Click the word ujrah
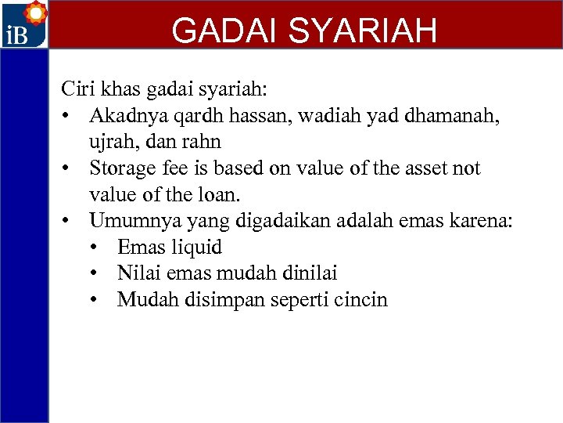(112, 142)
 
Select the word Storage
(124, 168)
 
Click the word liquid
(195, 248)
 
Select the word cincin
(361, 300)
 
